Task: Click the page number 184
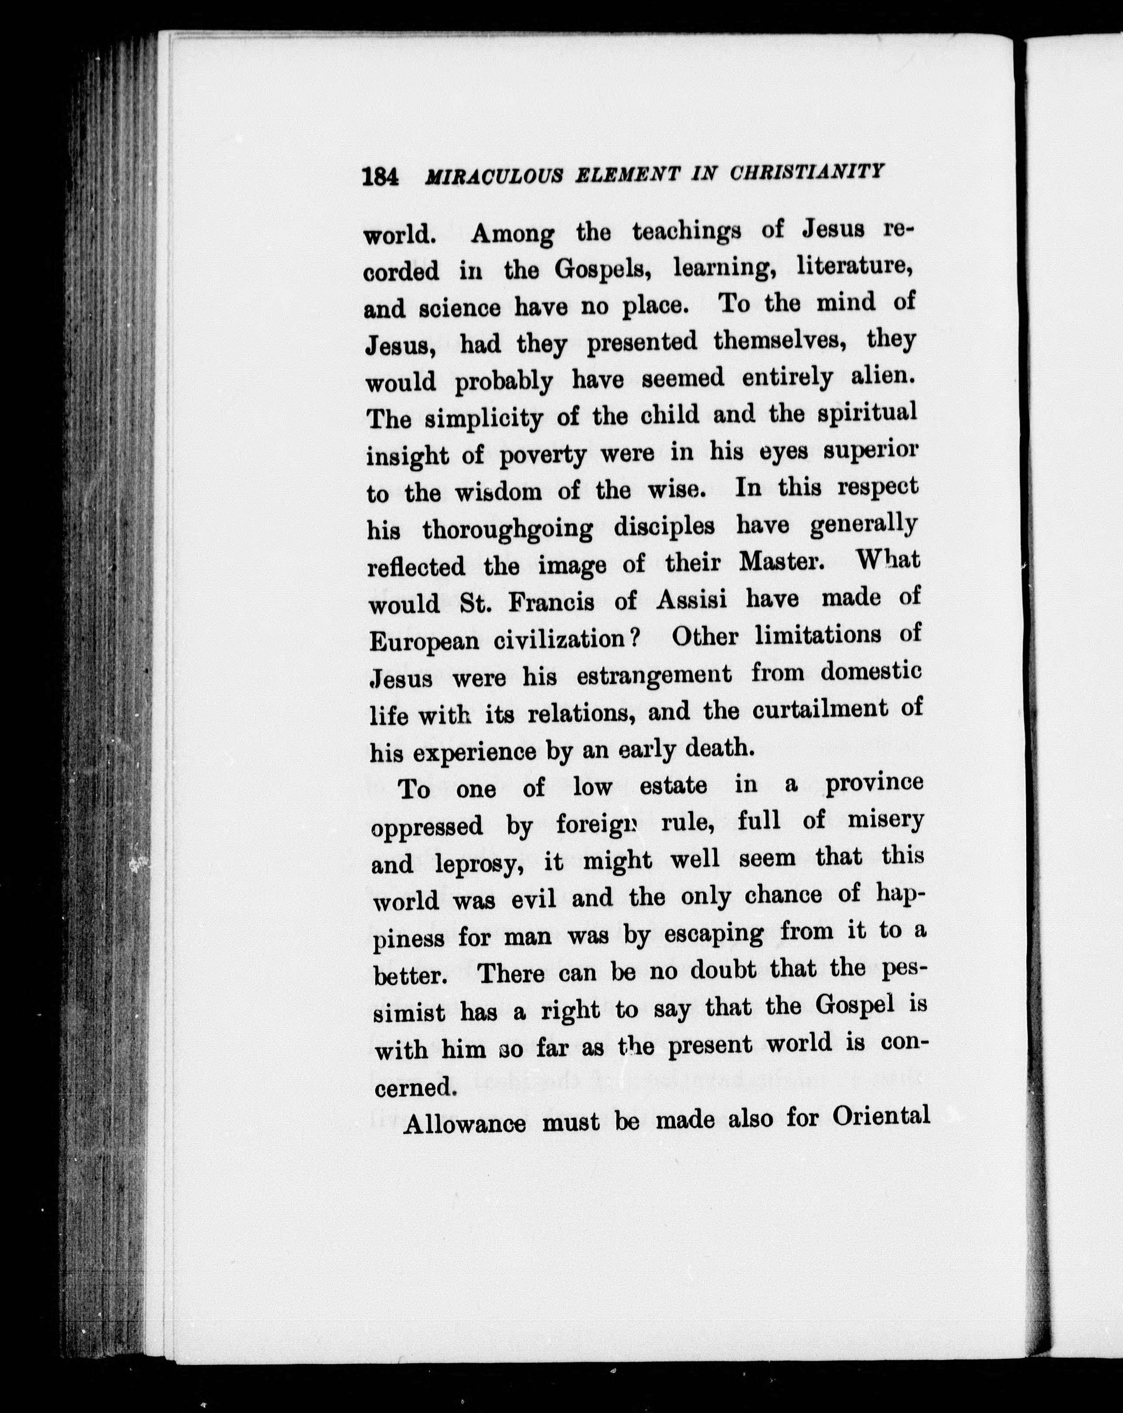click(380, 177)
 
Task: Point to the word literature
click(852, 266)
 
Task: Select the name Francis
click(551, 602)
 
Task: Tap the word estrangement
click(654, 675)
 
